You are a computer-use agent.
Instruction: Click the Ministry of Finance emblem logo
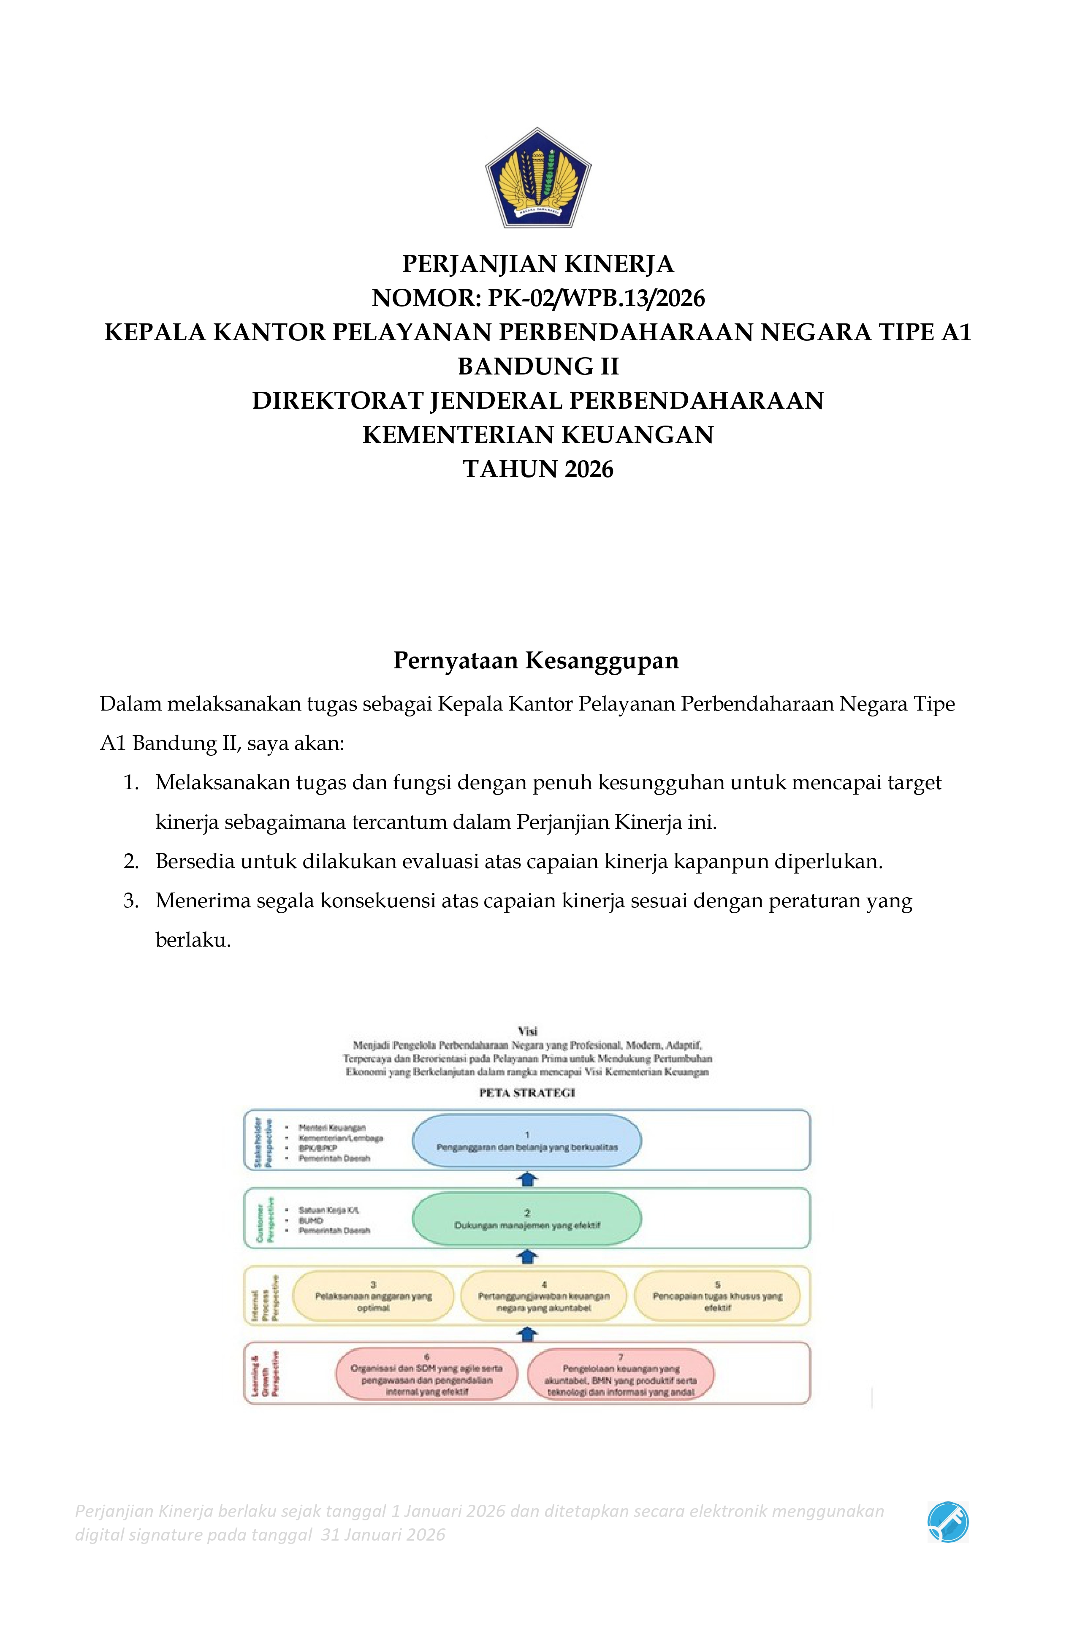(x=538, y=177)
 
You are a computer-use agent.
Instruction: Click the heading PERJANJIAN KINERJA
(x=538, y=263)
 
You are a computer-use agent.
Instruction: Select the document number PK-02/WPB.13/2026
(x=596, y=298)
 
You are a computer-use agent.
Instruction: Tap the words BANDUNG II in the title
(x=538, y=366)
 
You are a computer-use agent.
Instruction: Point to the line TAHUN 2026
(x=538, y=469)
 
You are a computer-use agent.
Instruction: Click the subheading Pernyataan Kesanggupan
(x=536, y=660)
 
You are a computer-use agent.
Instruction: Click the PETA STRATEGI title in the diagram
(x=527, y=1093)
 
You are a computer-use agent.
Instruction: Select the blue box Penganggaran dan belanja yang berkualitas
(x=527, y=1140)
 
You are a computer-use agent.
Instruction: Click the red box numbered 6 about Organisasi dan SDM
(x=426, y=1374)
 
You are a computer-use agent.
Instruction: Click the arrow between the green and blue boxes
(x=527, y=1178)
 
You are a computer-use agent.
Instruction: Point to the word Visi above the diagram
(x=527, y=1031)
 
